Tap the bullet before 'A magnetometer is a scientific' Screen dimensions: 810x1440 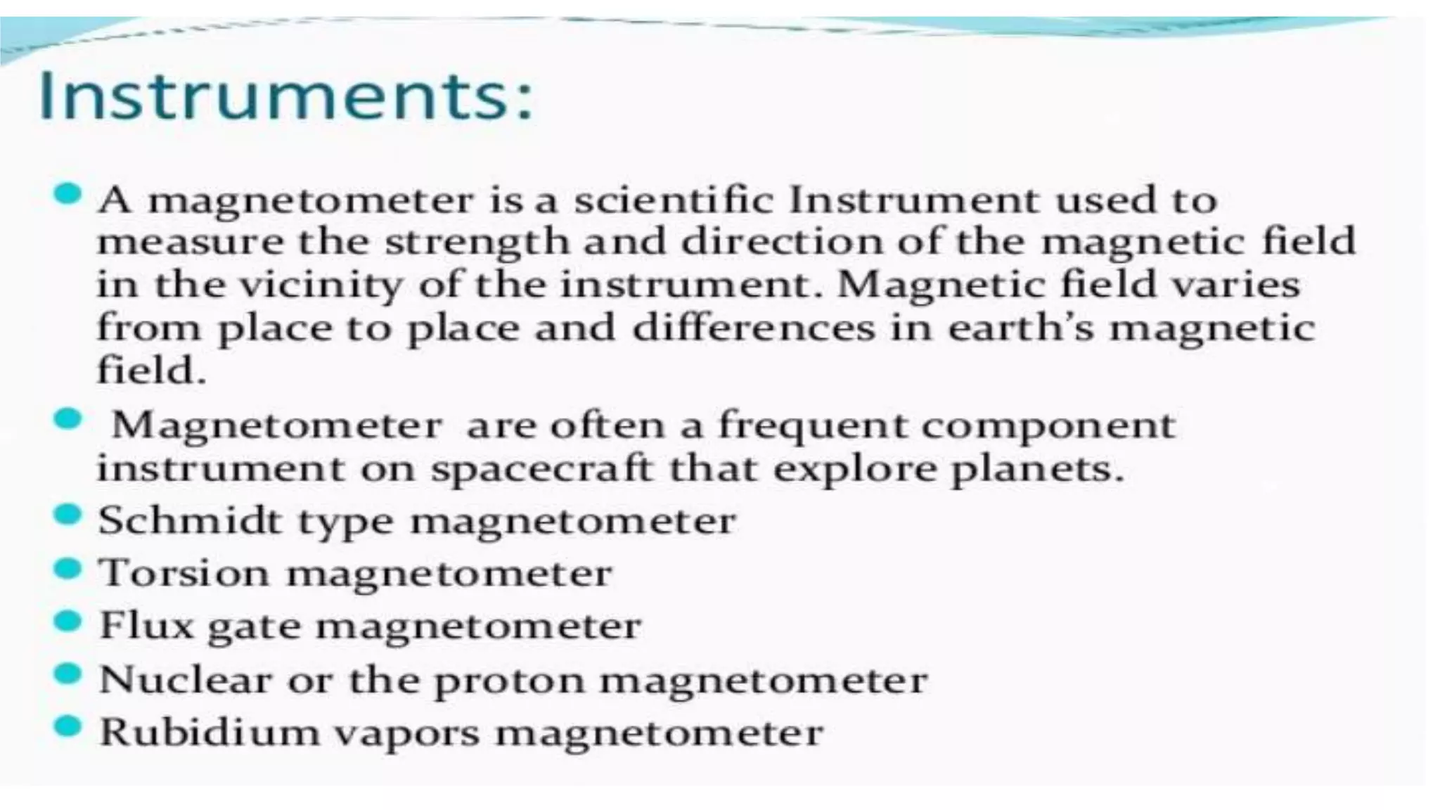pos(68,193)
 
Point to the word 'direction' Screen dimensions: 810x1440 pos(780,242)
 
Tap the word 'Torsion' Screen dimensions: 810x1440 pos(184,573)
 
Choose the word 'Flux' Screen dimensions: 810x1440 pos(146,625)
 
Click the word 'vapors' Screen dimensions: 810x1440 pos(407,734)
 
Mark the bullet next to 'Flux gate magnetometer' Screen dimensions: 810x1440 pos(68,622)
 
